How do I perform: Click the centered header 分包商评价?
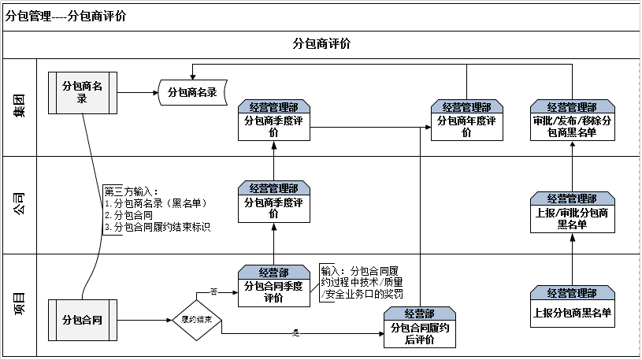point(321,43)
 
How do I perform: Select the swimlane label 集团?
point(18,106)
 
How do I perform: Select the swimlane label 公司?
point(18,205)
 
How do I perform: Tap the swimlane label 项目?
point(18,303)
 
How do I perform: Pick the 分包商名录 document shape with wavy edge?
point(193,93)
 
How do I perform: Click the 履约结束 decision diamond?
point(196,320)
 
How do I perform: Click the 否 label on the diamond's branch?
point(213,291)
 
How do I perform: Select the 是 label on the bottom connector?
point(296,335)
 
